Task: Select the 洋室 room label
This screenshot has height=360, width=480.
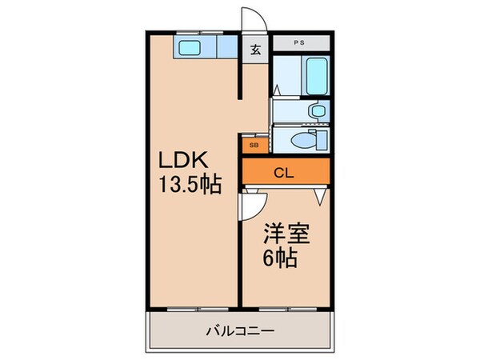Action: click(286, 238)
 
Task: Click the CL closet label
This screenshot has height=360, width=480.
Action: click(284, 170)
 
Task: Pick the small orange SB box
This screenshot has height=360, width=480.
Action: click(254, 146)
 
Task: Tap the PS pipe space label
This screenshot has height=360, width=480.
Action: click(299, 42)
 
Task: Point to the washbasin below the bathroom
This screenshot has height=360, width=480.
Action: click(318, 110)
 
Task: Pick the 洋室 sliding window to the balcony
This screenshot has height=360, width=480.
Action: click(285, 308)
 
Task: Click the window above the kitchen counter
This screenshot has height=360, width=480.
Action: click(200, 33)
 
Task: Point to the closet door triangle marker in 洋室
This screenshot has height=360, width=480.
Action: click(321, 193)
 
